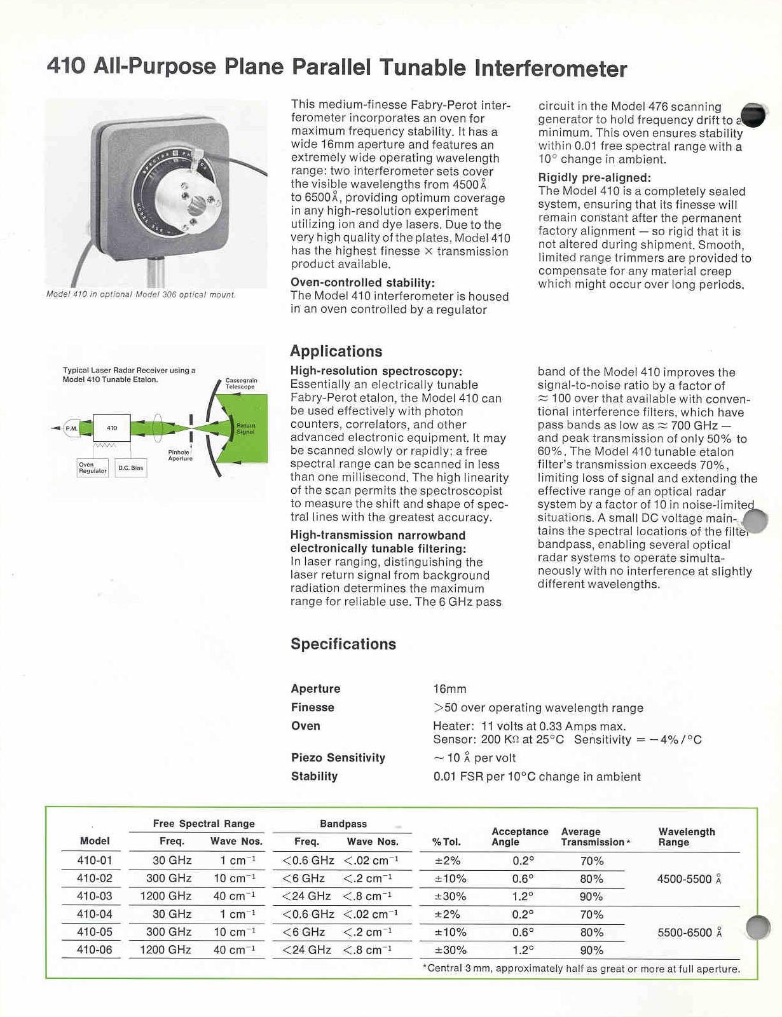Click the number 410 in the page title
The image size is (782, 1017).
(65, 66)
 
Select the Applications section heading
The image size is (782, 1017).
(336, 352)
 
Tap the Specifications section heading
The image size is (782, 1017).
(343, 644)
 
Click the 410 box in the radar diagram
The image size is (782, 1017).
(112, 428)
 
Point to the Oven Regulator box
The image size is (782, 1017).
(92, 468)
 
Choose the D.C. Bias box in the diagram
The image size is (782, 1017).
(131, 468)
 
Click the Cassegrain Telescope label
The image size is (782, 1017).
(241, 383)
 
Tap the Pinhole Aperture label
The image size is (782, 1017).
(180, 455)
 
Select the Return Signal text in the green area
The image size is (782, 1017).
(245, 428)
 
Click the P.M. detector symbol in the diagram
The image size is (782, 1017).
(71, 428)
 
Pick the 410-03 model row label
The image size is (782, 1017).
(94, 896)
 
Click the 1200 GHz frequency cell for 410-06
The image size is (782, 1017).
(166, 950)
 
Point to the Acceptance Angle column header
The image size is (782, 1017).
(519, 836)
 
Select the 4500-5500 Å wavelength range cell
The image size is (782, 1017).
(689, 879)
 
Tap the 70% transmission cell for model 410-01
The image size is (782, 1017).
(591, 861)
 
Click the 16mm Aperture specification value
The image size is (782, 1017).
(449, 689)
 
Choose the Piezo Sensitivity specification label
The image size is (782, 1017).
(338, 758)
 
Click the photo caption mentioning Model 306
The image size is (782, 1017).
(141, 295)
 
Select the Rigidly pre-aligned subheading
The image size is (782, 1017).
(594, 178)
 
